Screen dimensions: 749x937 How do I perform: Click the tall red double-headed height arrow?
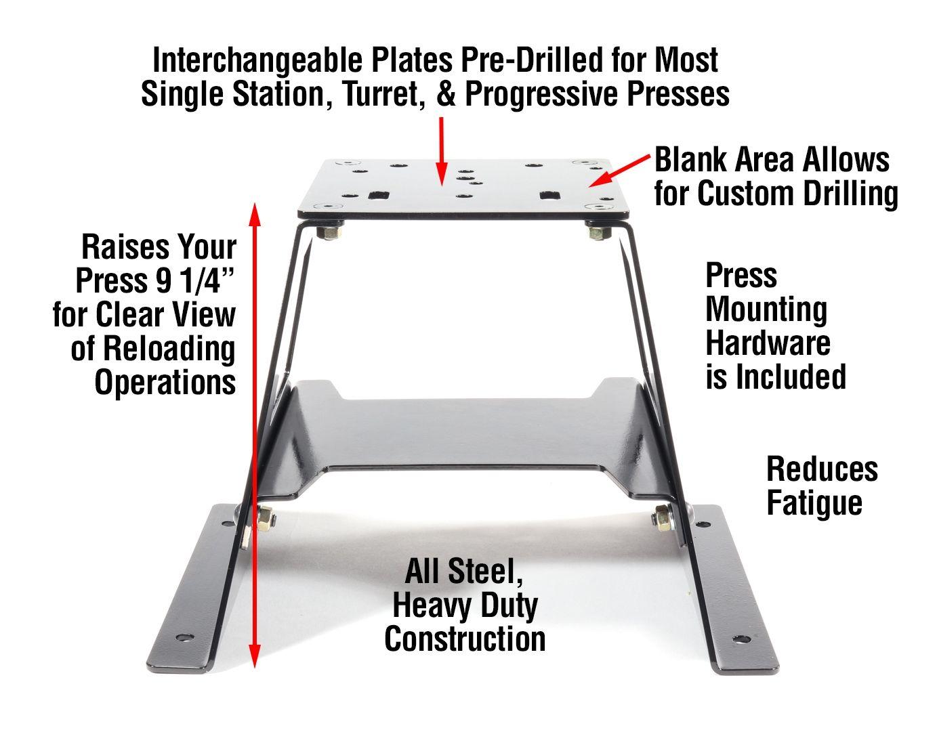tap(255, 433)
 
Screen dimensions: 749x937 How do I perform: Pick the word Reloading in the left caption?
tap(169, 349)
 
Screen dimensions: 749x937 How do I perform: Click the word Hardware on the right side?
tap(767, 343)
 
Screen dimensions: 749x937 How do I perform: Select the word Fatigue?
tap(814, 503)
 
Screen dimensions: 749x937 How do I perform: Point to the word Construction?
tap(465, 639)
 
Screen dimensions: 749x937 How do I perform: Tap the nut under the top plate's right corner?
tap(598, 232)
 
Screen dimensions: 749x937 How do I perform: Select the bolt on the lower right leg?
tap(661, 519)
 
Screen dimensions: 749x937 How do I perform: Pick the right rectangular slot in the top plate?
tap(548, 195)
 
